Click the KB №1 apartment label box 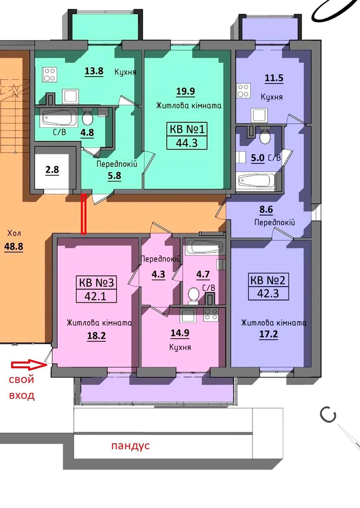187,136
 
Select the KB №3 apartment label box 96,289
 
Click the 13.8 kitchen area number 94,71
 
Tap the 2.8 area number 52,170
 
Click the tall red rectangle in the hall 84,214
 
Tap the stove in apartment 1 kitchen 49,75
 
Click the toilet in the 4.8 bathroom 87,116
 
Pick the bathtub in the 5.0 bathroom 256,180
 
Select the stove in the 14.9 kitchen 211,315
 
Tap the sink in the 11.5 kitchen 259,115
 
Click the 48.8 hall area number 14,246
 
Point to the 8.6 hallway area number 266,210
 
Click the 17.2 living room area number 269,334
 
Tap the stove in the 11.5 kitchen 243,91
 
